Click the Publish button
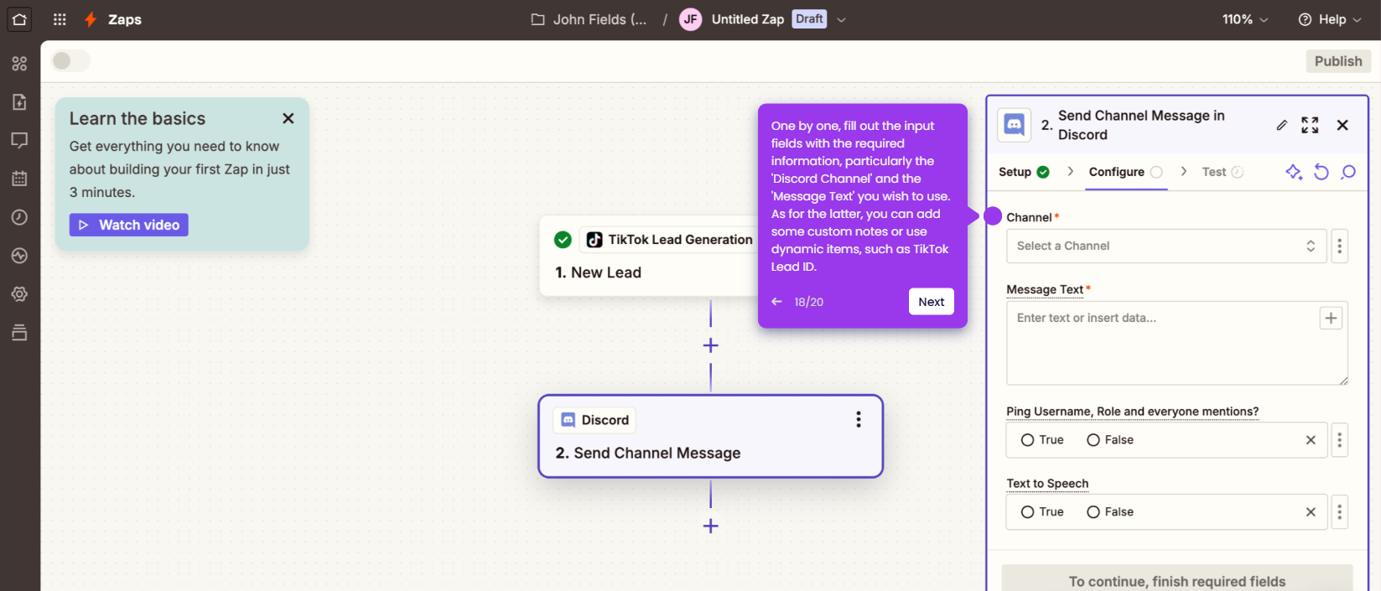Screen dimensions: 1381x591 click(x=1338, y=61)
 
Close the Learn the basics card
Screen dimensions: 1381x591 click(x=288, y=118)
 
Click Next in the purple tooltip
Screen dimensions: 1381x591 click(x=931, y=301)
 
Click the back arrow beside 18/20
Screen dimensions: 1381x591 click(x=776, y=301)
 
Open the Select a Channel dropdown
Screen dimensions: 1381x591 click(x=1166, y=246)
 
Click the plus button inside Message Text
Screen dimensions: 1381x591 click(x=1331, y=318)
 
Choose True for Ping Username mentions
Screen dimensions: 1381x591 click(x=1027, y=440)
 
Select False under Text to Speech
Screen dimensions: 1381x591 click(x=1093, y=512)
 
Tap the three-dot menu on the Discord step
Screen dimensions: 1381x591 click(x=858, y=420)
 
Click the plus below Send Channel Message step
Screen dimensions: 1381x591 click(x=711, y=526)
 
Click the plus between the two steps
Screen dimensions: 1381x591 click(x=711, y=345)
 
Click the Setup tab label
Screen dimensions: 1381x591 click(x=1015, y=172)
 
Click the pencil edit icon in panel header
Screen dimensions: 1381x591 click(x=1282, y=125)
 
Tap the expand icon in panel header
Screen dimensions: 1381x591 click(x=1310, y=125)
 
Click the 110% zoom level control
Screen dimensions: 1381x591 click(x=1245, y=20)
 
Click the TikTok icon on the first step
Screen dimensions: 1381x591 click(x=594, y=240)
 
